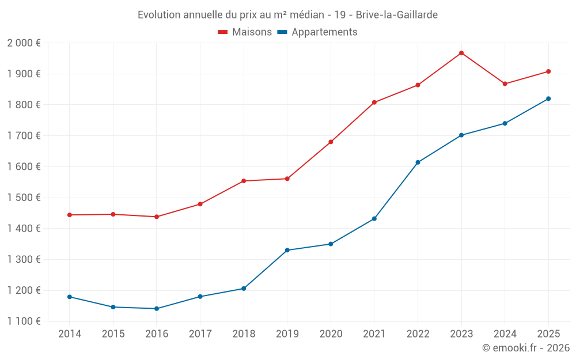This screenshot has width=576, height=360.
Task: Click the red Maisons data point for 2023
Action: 461,53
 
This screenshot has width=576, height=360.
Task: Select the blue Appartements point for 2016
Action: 156,309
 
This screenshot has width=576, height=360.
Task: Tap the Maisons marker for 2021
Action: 374,103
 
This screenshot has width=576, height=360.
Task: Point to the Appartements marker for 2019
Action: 287,250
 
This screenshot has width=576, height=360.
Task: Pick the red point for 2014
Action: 69,215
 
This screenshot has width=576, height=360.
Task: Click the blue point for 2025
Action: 548,98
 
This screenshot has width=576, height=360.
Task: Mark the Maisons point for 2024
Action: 505,84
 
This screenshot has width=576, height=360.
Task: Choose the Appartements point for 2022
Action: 418,162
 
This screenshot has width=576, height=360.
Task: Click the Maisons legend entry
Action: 245,32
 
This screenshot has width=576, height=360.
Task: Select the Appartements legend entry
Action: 317,32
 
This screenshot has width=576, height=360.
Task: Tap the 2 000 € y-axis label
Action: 24,43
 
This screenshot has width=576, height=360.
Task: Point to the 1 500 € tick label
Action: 24,198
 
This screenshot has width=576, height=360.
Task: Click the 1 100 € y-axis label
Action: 24,321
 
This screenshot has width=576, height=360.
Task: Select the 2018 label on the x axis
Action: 243,334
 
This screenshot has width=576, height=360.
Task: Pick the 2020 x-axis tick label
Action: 331,334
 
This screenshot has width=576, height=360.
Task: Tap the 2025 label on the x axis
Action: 548,334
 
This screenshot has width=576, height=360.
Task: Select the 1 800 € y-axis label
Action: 24,105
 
